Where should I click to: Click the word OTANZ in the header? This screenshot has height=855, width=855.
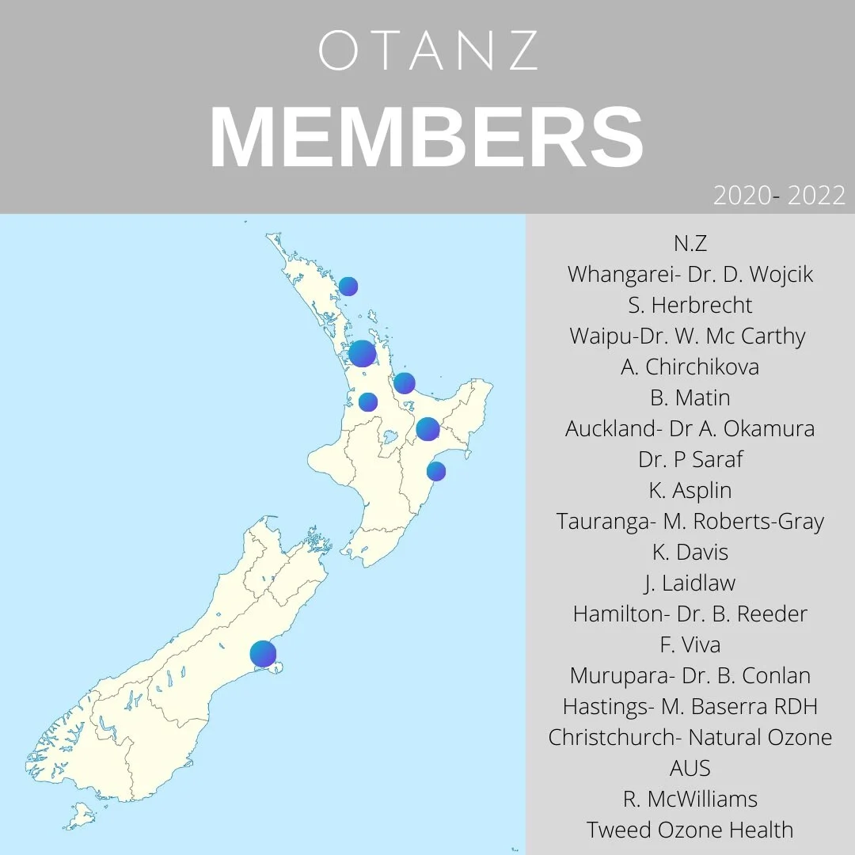tap(428, 51)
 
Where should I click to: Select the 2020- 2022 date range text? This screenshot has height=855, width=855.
tap(779, 195)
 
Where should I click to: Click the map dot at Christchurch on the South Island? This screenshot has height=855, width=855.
tap(263, 654)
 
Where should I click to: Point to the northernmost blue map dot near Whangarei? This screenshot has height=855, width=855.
tap(348, 287)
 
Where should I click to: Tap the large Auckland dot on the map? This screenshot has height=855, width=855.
tap(362, 353)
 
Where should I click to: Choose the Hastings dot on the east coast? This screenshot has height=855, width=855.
tap(436, 471)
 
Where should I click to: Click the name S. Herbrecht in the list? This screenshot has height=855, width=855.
tap(690, 305)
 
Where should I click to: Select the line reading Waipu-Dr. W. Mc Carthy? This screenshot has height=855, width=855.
tap(687, 336)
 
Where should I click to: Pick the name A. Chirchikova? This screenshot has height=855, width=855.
tap(690, 367)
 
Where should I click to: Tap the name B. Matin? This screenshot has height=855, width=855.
tap(690, 397)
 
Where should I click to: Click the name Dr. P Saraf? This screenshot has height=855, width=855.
tap(690, 459)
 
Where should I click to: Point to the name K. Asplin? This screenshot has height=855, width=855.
tap(690, 490)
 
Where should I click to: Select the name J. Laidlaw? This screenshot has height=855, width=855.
tap(690, 583)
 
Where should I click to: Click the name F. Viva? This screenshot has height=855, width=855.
tap(690, 644)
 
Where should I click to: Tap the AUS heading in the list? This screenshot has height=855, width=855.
tap(690, 768)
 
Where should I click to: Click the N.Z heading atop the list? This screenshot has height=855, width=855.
tap(690, 243)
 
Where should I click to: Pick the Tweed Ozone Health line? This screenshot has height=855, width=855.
tap(690, 830)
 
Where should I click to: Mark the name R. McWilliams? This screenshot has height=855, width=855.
tap(690, 799)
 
